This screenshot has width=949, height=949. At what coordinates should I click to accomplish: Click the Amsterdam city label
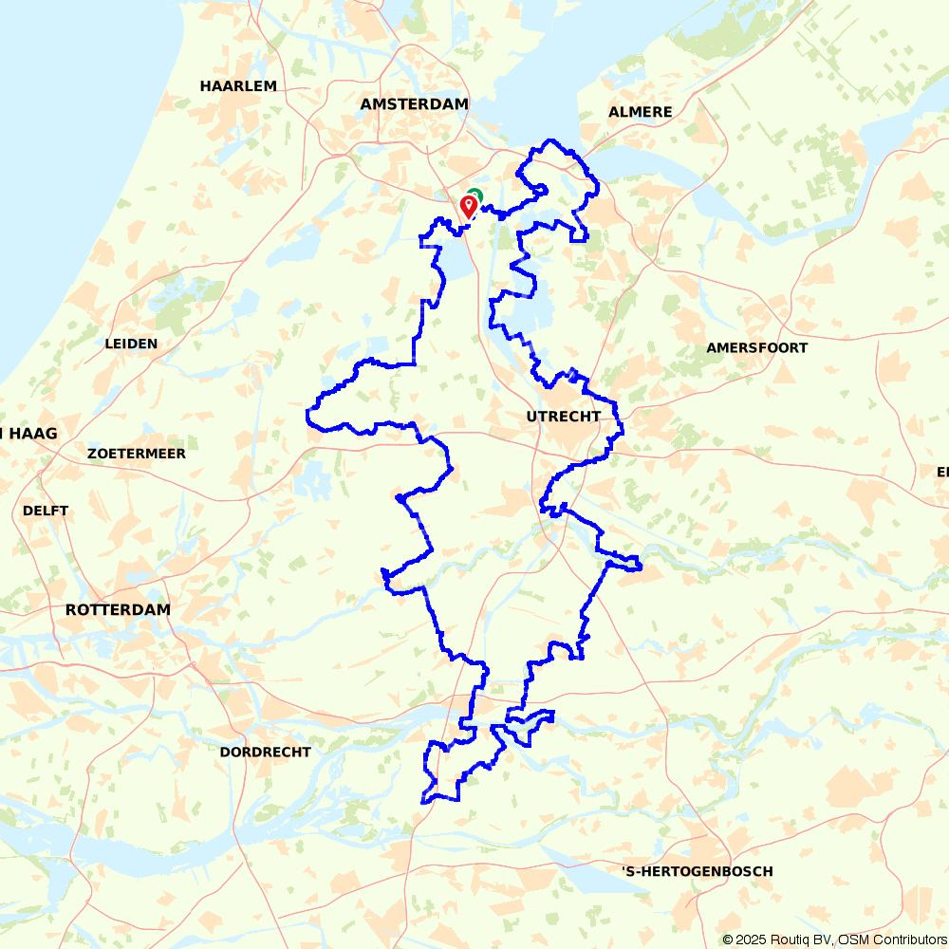(x=415, y=104)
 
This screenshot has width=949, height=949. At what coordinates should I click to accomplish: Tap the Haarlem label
(x=238, y=86)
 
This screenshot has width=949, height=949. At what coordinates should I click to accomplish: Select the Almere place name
(x=640, y=112)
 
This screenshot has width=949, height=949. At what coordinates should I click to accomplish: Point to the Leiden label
(x=132, y=344)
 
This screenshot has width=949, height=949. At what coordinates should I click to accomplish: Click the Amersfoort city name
(x=756, y=348)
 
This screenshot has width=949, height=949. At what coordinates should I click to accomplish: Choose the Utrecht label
(x=563, y=417)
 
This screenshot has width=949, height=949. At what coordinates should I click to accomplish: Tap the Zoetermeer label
(x=136, y=454)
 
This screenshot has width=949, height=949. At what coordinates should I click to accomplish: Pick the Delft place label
(x=46, y=511)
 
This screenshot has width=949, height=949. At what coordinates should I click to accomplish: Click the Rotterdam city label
(x=118, y=609)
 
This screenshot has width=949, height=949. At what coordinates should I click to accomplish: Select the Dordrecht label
(x=265, y=752)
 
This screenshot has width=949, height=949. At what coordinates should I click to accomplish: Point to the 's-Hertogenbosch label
(x=697, y=871)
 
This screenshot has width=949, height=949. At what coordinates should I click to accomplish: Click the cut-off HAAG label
(x=28, y=434)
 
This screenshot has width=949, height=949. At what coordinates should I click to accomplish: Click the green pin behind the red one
(x=475, y=195)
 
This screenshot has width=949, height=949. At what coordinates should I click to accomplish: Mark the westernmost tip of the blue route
(x=307, y=415)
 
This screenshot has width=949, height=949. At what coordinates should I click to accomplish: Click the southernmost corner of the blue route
(x=423, y=802)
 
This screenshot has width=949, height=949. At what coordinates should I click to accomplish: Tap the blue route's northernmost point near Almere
(x=549, y=140)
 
